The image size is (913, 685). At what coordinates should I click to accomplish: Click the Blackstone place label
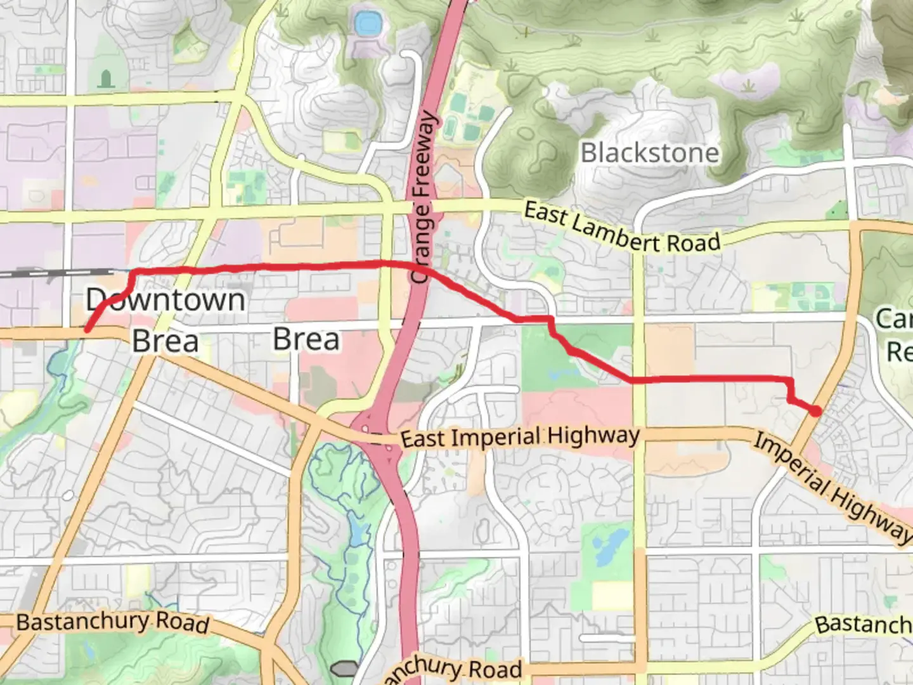pos(650,153)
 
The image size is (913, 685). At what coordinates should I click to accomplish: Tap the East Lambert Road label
pos(621,229)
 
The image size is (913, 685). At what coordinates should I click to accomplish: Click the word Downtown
pos(165,299)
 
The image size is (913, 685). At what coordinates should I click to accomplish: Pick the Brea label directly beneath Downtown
pos(165,342)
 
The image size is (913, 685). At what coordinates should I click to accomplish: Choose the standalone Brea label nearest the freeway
pos(306,339)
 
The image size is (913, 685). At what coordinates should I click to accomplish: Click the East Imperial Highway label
pos(520,438)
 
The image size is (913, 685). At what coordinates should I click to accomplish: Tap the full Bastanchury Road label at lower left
pos(112,622)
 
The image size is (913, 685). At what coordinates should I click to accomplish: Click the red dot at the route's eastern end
pos(816,411)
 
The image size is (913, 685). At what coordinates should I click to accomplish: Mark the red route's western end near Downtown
pos(87,329)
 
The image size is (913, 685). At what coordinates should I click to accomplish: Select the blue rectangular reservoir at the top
pos(366,25)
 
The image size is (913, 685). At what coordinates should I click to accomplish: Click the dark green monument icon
pos(106,79)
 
